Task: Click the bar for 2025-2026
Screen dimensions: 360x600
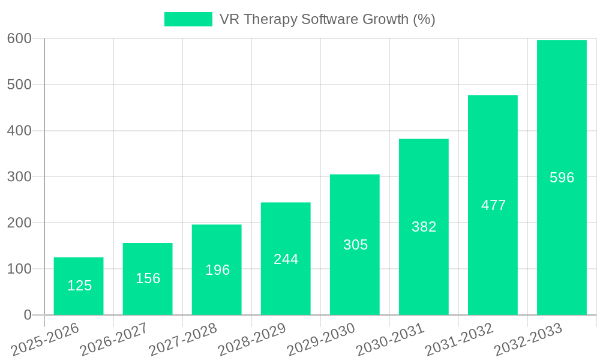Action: tap(79, 286)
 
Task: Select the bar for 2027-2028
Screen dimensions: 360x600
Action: tap(217, 269)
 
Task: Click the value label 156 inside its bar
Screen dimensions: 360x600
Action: tap(148, 278)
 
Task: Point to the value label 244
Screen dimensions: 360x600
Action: tap(286, 259)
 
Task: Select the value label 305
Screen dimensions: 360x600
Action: tap(355, 245)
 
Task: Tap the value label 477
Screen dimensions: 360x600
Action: tap(493, 205)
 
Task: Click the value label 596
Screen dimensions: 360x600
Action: tap(562, 178)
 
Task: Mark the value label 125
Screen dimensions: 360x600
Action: tap(79, 286)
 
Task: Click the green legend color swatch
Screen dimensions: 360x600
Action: tap(188, 19)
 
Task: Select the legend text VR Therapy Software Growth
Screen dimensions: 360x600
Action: tap(327, 19)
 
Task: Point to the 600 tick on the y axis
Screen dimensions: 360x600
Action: tap(19, 38)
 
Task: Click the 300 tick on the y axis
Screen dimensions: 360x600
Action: tap(19, 176)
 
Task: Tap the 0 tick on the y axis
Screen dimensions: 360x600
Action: tap(28, 315)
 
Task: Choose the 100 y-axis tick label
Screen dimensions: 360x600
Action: tap(19, 269)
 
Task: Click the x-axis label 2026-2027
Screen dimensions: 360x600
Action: tap(114, 339)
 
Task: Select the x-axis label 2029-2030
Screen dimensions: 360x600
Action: tap(321, 339)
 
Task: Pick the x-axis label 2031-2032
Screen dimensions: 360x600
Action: tap(459, 339)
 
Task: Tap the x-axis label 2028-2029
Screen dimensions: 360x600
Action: tap(252, 339)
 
